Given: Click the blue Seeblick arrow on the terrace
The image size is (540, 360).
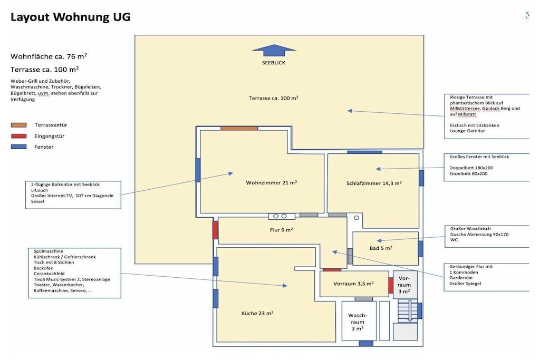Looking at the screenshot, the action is coord(274,50).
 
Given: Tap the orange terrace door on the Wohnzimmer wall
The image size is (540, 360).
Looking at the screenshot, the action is coord(239,129).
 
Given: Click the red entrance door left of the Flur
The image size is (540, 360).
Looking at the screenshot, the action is coord(215,230).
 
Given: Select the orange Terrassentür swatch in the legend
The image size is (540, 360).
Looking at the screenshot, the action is coord(18,125).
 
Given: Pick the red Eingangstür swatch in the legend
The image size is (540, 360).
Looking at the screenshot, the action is coord(18,136).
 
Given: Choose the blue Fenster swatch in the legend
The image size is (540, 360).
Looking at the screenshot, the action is coord(18,147).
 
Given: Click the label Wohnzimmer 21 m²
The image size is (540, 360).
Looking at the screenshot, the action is coord(272,182).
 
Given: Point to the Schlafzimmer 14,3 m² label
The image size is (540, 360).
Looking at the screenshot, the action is coord(374,183).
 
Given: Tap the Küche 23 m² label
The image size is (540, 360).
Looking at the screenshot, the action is coord(257,313).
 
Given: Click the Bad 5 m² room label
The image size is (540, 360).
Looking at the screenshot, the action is coord(381,248).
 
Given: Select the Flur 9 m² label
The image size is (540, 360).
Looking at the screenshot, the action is coord(282,230).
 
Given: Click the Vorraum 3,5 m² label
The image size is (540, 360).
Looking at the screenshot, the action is coord(353,284).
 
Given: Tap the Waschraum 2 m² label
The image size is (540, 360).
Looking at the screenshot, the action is coord(358,322).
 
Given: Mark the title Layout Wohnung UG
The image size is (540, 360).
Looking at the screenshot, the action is coord(71,17).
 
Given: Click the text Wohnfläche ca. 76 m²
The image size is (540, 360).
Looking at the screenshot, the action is coord(49,56).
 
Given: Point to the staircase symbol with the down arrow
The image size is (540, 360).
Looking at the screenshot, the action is coord(408,311).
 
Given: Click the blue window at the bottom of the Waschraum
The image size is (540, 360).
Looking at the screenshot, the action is coord(366,343).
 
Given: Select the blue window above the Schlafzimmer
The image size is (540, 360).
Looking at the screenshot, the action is coord(364,152).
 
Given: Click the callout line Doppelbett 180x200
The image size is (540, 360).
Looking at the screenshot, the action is coord(471,168).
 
